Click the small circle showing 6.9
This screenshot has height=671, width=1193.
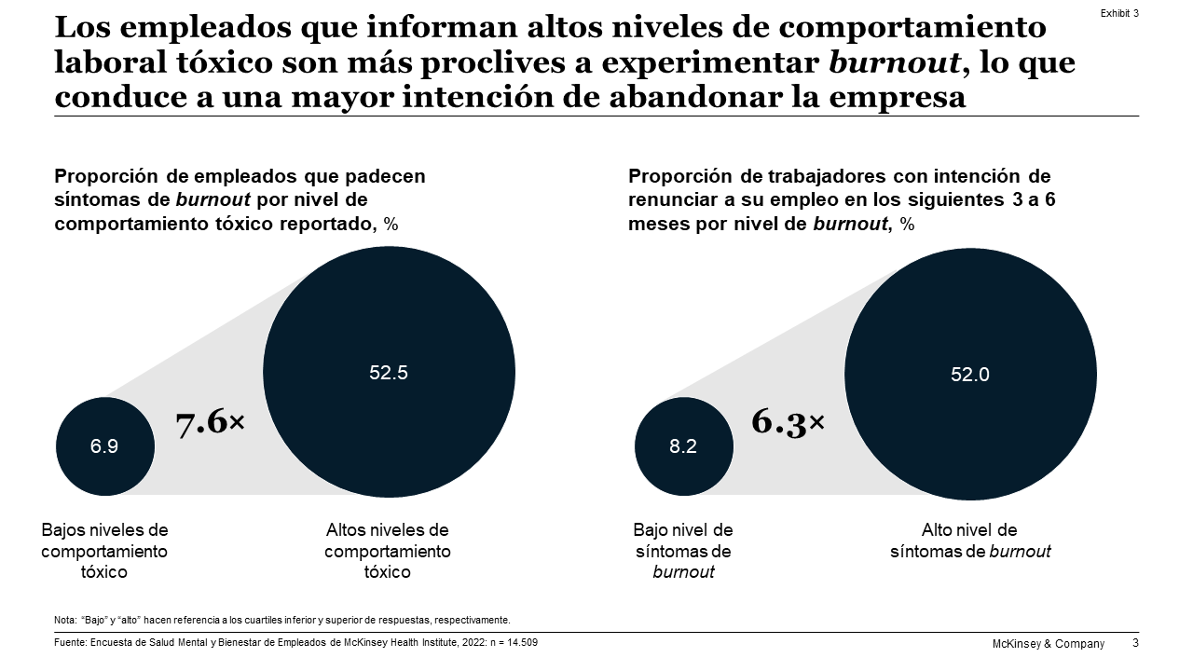coord(104,446)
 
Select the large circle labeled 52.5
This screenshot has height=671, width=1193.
coord(389,372)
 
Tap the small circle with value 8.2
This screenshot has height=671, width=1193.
coord(683,446)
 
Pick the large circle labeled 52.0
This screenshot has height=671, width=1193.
coord(970,374)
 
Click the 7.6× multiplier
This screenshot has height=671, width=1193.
coord(210,423)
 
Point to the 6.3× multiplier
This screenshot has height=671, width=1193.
coord(788,422)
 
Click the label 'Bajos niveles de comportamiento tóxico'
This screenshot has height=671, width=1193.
coord(104,551)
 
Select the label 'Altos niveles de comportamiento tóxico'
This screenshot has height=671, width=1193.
coord(388,551)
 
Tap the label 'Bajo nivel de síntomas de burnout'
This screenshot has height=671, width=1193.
coord(683,551)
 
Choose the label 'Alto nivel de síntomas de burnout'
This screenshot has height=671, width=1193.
coord(970,541)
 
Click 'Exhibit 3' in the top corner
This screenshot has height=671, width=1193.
coord(1119,13)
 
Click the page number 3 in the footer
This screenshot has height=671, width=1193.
coord(1135,643)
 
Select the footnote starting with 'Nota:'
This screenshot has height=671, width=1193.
coord(282,620)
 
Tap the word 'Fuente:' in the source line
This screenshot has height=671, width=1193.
coord(70,643)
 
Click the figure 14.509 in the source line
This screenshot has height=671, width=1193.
coord(520,643)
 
